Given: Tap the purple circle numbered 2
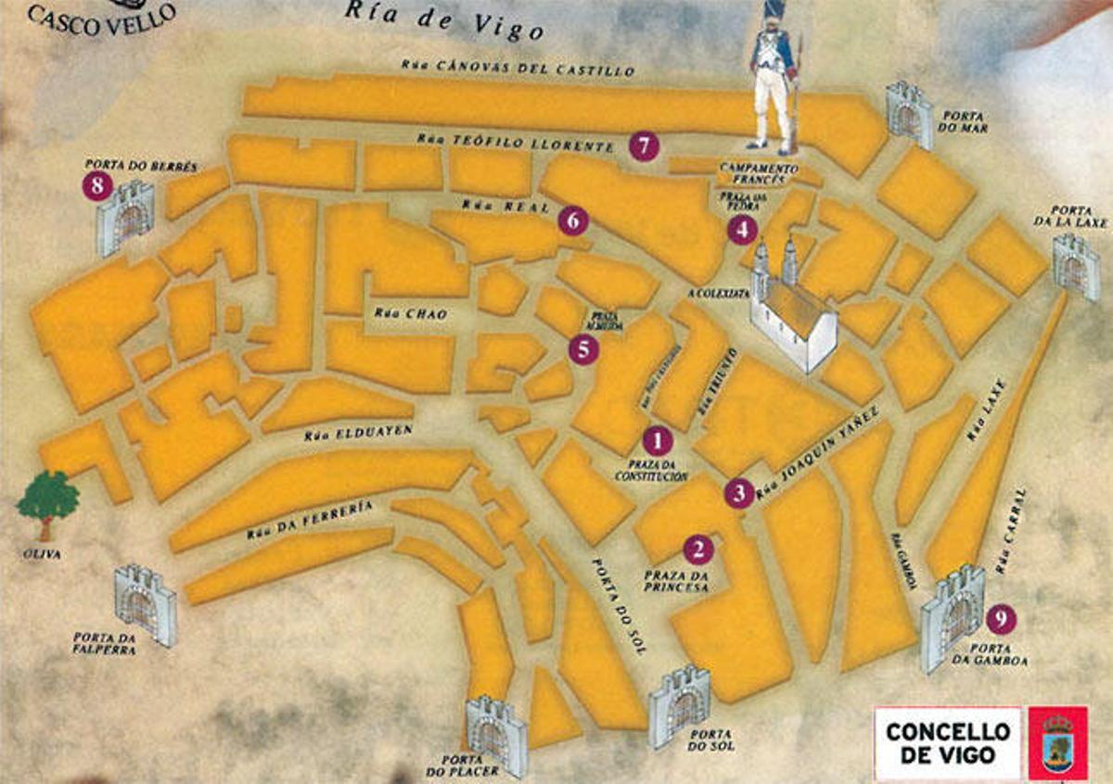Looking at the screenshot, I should coord(697,550).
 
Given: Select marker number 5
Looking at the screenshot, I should coord(583,348).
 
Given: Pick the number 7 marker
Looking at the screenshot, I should coord(643,145).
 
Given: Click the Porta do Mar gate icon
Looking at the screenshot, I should coord(909,114).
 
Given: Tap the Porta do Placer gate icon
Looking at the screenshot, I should coord(496,734).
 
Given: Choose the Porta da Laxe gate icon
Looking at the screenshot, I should coord(1075,266).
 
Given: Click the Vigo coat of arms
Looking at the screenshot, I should coord(1058,742).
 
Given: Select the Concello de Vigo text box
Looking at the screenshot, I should coord(946,742).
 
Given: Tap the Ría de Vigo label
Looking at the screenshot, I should coord(444,20).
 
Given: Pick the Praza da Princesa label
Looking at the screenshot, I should coord(676,581).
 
